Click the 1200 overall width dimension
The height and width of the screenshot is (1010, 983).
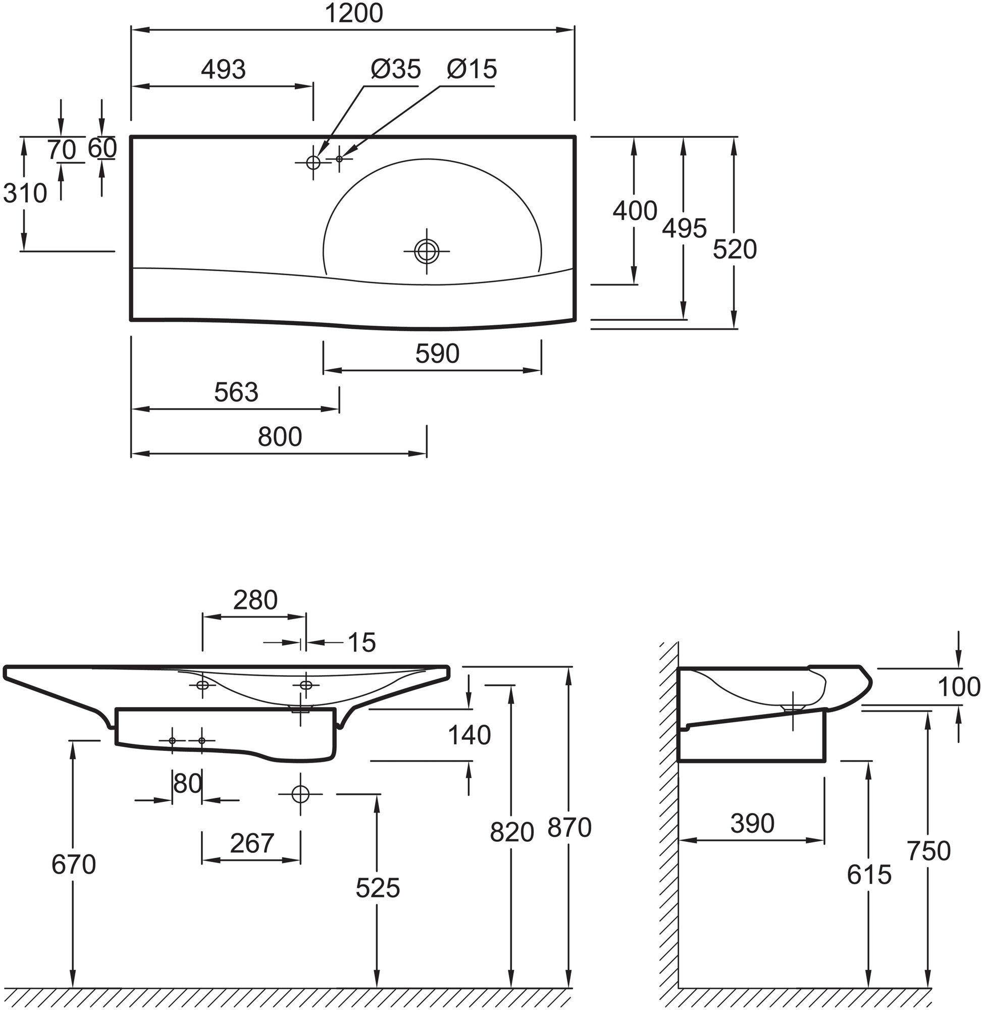[x=353, y=14]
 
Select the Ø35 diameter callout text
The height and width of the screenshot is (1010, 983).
[x=395, y=69]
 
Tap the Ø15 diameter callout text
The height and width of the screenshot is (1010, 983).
[x=472, y=69]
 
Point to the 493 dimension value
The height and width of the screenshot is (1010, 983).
[x=223, y=70]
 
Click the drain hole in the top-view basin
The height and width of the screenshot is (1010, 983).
[x=427, y=251]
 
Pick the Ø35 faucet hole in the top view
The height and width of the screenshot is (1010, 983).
[x=313, y=162]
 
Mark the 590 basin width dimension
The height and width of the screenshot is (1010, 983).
[x=437, y=354]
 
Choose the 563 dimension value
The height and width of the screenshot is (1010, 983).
[x=236, y=392]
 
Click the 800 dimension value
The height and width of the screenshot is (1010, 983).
[x=280, y=437]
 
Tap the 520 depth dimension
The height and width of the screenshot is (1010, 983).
[x=734, y=250]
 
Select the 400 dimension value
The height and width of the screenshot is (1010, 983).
[x=635, y=211]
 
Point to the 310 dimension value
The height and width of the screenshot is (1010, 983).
[x=25, y=194]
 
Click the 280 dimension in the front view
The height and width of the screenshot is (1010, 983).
[x=255, y=600]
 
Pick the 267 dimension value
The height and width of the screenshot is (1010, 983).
[x=251, y=844]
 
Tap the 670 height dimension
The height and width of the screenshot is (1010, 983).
[x=73, y=865]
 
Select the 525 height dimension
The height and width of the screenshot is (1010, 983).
[x=378, y=888]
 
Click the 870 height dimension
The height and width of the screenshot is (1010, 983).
[x=569, y=828]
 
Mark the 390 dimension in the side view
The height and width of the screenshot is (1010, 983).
[x=752, y=824]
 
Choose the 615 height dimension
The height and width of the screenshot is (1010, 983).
[x=869, y=875]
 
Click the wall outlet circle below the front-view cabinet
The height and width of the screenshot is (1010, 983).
[x=300, y=794]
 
